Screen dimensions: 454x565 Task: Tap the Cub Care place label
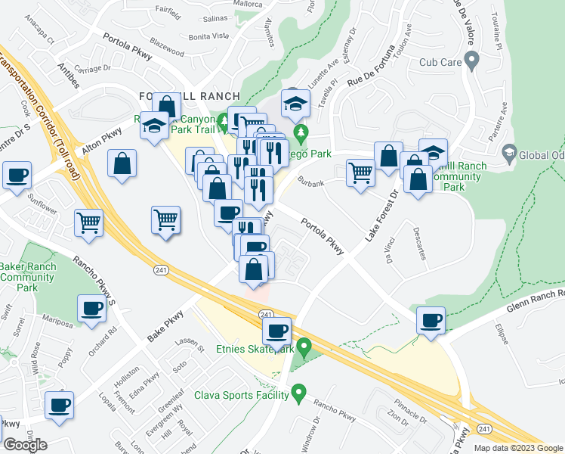pos(440,60)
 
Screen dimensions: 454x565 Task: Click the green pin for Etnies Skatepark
pos(304,349)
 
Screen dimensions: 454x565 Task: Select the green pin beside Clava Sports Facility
pos(298,393)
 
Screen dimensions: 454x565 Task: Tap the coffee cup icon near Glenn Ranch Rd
pos(431,321)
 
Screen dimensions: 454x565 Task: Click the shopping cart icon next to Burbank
pos(360,172)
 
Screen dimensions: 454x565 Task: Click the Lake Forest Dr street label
pos(381,216)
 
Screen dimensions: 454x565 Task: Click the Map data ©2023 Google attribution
pos(518,448)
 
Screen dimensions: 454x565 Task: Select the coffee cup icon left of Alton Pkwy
pos(17,175)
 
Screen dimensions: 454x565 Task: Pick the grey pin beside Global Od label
pos(508,153)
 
